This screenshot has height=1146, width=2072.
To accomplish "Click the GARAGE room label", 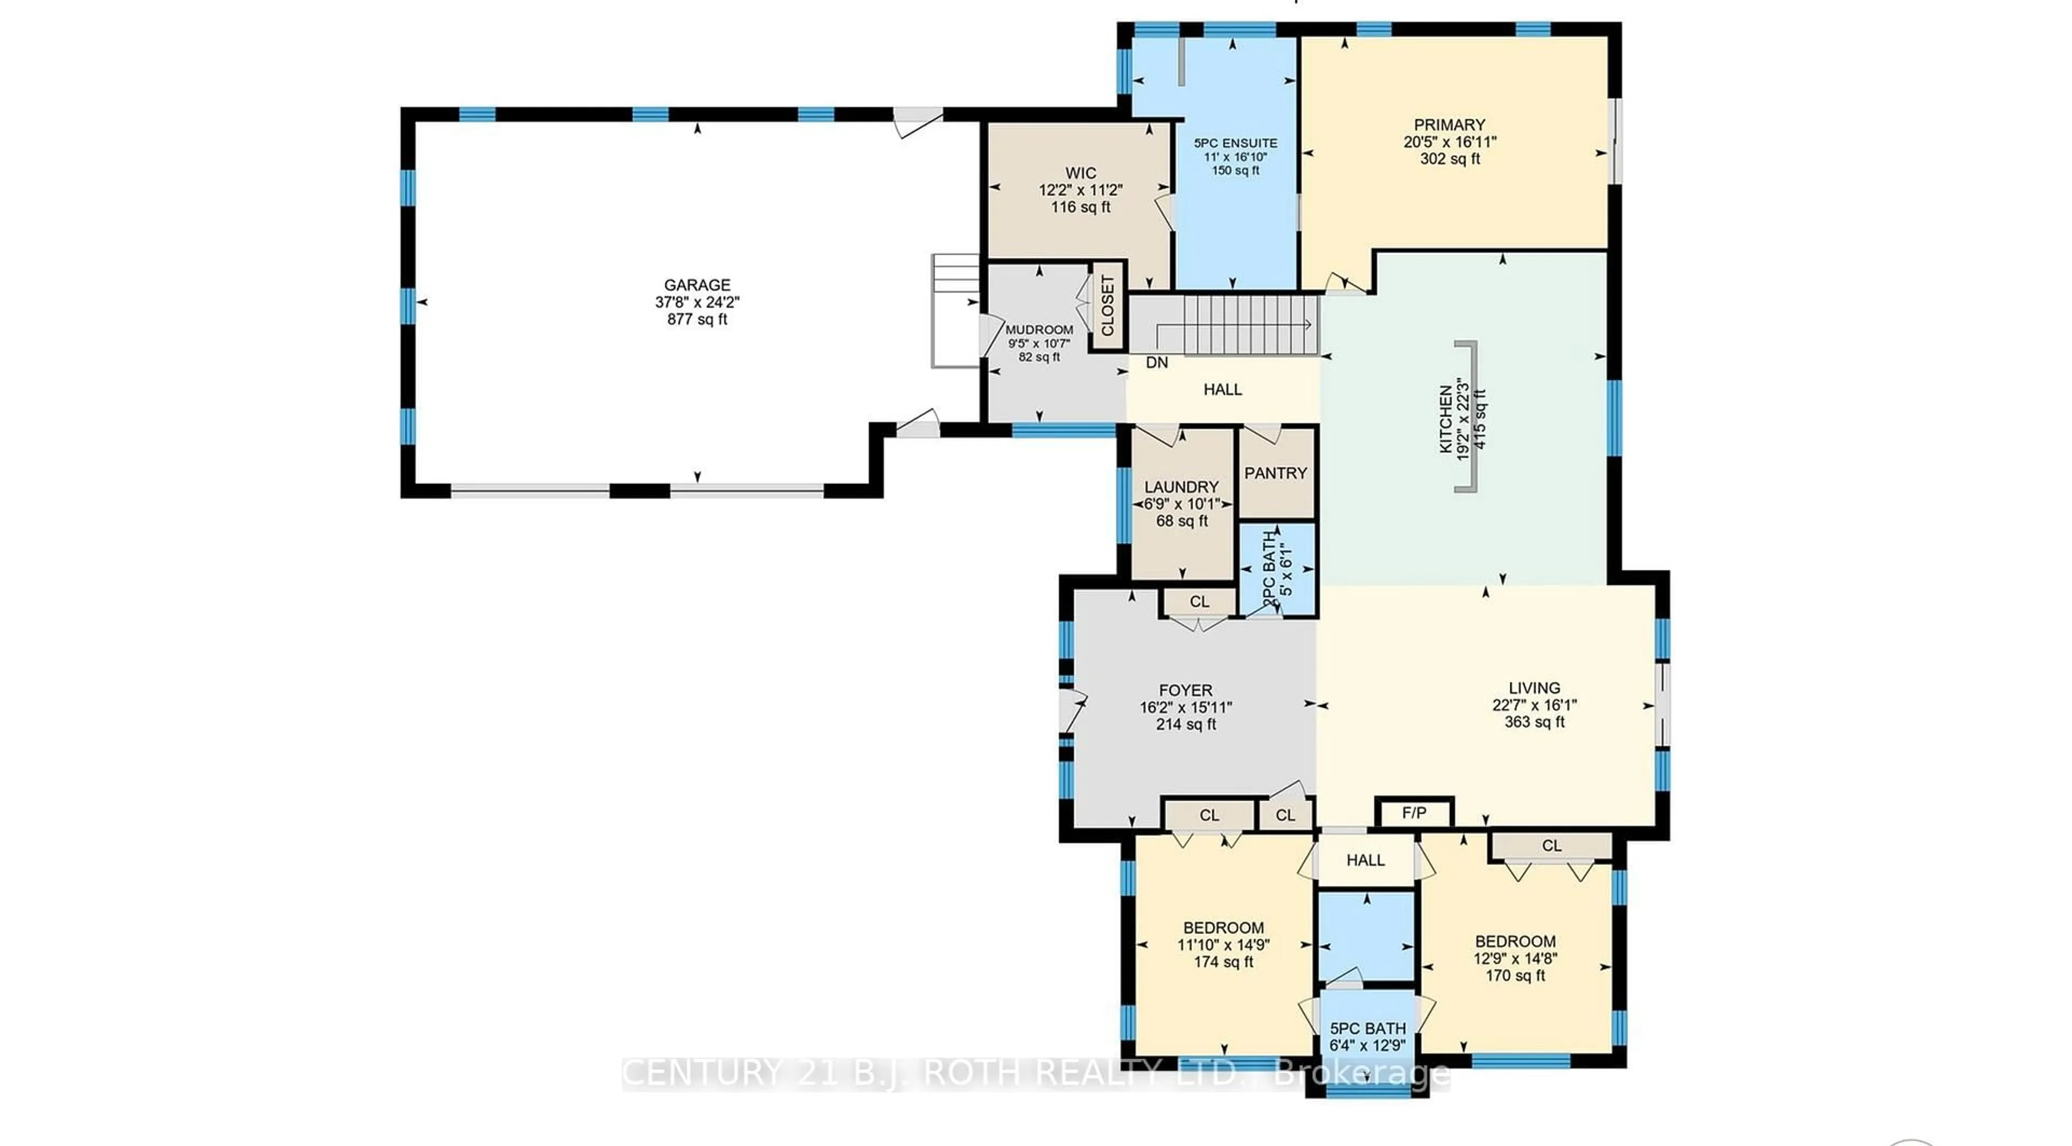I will click(x=697, y=285).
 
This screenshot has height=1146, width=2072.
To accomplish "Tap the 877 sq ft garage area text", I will click(x=697, y=319).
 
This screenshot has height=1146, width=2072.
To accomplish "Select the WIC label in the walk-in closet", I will click(x=1080, y=173).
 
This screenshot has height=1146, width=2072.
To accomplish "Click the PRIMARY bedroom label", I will click(x=1449, y=125).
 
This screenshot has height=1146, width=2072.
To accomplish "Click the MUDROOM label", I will click(x=1039, y=330).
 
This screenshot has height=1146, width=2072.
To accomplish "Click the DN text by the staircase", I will click(x=1157, y=363).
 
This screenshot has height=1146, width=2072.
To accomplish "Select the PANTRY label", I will click(x=1275, y=473).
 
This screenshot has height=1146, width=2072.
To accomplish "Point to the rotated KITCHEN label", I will click(x=1446, y=418).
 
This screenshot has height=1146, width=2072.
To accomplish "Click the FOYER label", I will click(x=1185, y=690).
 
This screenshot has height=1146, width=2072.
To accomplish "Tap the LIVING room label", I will click(x=1534, y=687).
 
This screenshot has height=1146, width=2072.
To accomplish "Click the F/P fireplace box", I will click(x=1414, y=813).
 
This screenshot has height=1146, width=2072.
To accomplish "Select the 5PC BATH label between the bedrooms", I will click(x=1367, y=1028).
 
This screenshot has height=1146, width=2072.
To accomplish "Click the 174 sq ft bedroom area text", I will click(x=1223, y=962).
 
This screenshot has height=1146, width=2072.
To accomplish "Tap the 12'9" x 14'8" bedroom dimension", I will click(x=1515, y=959).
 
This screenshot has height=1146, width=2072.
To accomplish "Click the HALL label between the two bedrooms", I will click(x=1365, y=859).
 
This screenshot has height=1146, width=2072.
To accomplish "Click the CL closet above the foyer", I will click(x=1199, y=602).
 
